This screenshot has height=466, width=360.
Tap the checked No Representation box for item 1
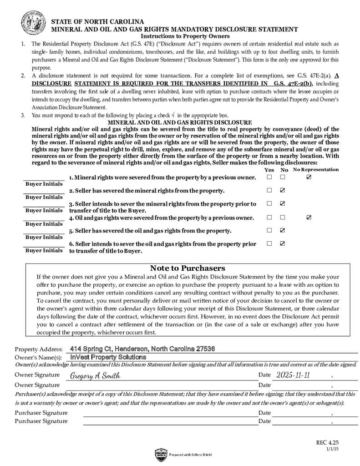pos(309,177)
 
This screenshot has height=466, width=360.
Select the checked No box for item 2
pos(283,190)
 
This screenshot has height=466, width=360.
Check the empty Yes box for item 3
pos(269,203)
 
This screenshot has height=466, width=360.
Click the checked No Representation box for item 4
pos(309,218)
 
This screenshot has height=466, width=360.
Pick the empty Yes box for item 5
pos(269,230)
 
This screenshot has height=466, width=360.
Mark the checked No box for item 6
pos(283,243)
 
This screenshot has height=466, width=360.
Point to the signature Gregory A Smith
pos(95,376)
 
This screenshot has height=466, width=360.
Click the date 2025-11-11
pos(293,375)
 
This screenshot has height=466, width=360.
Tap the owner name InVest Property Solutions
pos(108,357)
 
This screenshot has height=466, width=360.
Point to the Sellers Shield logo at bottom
pos(162,454)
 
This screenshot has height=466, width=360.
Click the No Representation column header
pos(316,170)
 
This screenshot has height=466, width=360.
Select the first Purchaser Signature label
pos(41,413)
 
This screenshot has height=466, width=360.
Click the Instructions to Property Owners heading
pos(185,36)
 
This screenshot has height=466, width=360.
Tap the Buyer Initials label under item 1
pos(44,184)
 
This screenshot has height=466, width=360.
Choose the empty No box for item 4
pos(283,218)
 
